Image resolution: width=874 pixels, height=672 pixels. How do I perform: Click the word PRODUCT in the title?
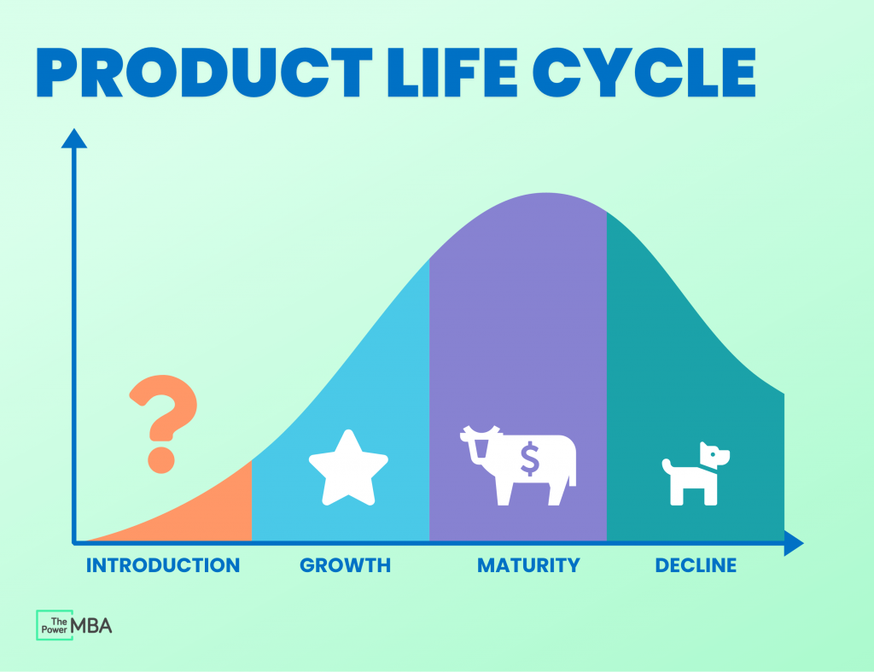pyautogui.click(x=204, y=73)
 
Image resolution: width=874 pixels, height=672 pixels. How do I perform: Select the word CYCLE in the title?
pyautogui.click(x=644, y=73)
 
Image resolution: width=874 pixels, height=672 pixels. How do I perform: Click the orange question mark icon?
pyautogui.click(x=163, y=424)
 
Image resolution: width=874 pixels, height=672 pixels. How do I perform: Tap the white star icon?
pyautogui.click(x=348, y=469)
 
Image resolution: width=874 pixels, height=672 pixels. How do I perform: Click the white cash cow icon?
pyautogui.click(x=518, y=465)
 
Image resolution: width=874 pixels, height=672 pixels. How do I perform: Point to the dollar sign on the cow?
pyautogui.click(x=529, y=459)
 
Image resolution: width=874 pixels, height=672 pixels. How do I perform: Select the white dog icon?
pyautogui.click(x=696, y=473)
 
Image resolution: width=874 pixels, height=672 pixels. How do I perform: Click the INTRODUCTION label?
pyautogui.click(x=163, y=565)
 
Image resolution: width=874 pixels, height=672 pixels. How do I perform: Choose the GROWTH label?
pyautogui.click(x=345, y=565)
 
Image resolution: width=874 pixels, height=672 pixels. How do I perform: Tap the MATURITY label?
pyautogui.click(x=528, y=565)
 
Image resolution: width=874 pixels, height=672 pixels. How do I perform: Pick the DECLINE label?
pyautogui.click(x=696, y=565)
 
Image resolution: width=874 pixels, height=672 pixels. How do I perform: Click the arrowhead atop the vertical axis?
pyautogui.click(x=74, y=138)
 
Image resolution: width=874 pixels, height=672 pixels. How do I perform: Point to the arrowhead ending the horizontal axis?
pyautogui.click(x=794, y=542)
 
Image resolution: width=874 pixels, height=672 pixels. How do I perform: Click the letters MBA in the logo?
pyautogui.click(x=91, y=626)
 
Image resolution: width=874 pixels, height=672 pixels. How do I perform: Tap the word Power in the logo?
pyautogui.click(x=54, y=629)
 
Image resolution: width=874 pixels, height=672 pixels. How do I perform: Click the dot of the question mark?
pyautogui.click(x=161, y=460)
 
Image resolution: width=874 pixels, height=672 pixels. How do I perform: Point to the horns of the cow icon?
pyautogui.click(x=481, y=430)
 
